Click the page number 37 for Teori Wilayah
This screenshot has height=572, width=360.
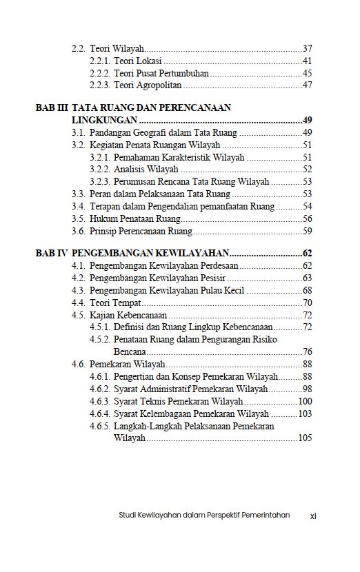[x=308, y=49]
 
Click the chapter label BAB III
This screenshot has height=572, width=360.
[x=52, y=108]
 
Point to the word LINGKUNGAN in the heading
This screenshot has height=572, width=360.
[x=101, y=120]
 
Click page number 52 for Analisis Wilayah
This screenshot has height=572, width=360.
[x=308, y=170]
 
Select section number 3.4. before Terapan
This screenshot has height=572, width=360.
[x=78, y=206]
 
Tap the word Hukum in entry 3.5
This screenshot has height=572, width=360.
[x=103, y=218]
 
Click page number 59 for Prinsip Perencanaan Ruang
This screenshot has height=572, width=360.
[x=308, y=231]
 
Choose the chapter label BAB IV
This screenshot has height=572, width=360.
[x=52, y=254]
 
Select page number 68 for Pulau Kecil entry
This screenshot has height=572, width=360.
[x=308, y=290]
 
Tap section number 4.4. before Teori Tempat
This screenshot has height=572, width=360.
[x=78, y=303]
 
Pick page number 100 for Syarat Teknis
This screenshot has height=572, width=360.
[x=305, y=401]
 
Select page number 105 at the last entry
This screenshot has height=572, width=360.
[x=305, y=438]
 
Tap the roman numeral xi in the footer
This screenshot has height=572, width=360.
[x=312, y=515]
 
